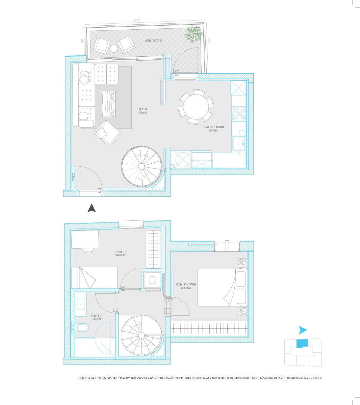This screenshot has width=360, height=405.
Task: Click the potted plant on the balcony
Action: tap(194, 34)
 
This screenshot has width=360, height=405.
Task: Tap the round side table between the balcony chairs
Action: tap(114, 49)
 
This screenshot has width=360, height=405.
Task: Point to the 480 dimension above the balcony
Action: tap(136, 20)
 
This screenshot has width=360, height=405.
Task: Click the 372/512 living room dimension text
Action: tap(142, 113)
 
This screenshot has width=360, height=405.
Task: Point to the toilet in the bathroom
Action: tap(81, 327)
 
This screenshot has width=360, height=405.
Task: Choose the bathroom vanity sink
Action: tap(81, 304)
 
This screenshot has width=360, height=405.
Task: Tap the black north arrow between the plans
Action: tap(92, 208)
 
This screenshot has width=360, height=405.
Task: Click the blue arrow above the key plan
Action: tap(303, 330)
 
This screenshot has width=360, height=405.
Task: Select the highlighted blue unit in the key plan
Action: tap(302, 343)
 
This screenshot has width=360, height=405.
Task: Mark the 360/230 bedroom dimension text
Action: tap(120, 255)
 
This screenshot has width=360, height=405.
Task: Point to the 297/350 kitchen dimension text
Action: tap(213, 131)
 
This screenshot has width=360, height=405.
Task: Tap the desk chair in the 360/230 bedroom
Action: tap(87, 250)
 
